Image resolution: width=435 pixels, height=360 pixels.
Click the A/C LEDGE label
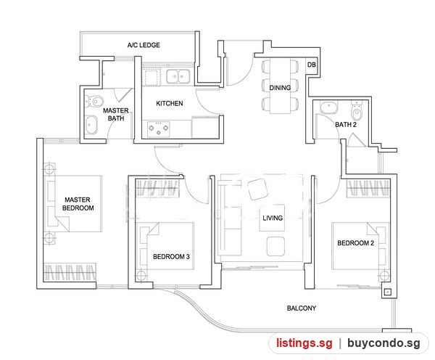pyautogui.click(x=144, y=45)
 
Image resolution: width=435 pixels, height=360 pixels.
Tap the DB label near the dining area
pyautogui.click(x=312, y=65)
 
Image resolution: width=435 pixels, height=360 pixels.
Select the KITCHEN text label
pyautogui.click(x=170, y=103)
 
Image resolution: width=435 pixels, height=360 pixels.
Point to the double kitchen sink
pyautogui.click(x=178, y=76)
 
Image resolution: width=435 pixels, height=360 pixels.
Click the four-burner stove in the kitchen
pyautogui.click(x=158, y=129)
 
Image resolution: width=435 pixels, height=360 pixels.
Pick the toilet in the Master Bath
pyautogui.click(x=94, y=102)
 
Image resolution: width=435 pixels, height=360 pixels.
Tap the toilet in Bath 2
pyautogui.click(x=357, y=110)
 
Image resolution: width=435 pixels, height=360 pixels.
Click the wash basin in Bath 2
pyautogui.click(x=329, y=107)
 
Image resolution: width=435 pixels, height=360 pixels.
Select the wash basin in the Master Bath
pyautogui.click(x=91, y=126)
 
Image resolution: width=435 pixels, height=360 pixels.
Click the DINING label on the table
pyautogui.click(x=280, y=88)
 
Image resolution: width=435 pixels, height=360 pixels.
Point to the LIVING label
pyautogui.click(x=273, y=218)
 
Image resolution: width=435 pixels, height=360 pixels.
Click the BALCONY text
pyautogui.click(x=302, y=308)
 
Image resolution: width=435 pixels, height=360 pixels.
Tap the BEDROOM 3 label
pyautogui.click(x=171, y=257)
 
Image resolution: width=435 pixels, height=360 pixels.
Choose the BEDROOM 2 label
pyautogui.click(x=356, y=243)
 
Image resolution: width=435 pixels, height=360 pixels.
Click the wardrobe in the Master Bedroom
pyautogui.click(x=70, y=271)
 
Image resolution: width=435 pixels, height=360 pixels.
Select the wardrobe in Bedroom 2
pyautogui.click(x=368, y=189)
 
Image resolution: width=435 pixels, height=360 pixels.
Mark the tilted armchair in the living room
pyautogui.click(x=257, y=189)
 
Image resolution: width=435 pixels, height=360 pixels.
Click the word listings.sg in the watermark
pyautogui.click(x=304, y=343)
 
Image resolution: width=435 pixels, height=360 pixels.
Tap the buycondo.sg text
pyautogui.click(x=384, y=343)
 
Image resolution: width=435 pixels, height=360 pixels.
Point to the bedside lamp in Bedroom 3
pyautogui.click(x=141, y=276)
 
